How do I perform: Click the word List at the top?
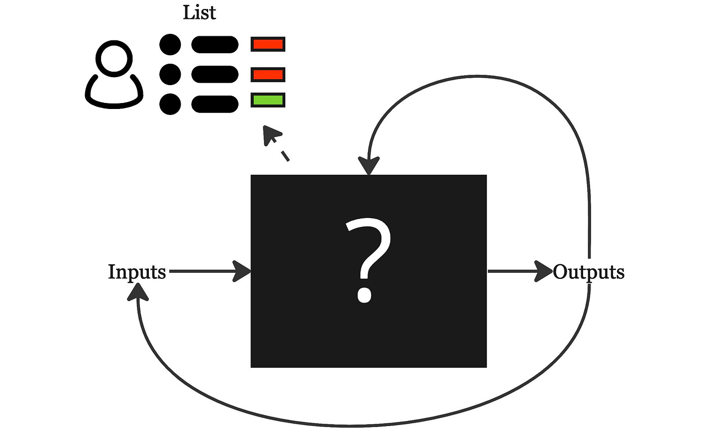199,12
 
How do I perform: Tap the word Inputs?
136,272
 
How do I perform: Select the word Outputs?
589,272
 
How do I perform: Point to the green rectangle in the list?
268,100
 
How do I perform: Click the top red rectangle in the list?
268,44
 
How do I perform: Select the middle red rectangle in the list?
268,75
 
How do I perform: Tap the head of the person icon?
115,57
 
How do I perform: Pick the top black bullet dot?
170,45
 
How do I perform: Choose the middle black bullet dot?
170,75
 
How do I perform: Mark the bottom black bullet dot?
170,104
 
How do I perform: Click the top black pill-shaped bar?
215,45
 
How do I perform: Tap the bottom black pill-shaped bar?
215,104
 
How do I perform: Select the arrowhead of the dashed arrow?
270,134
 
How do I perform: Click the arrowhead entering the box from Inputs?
243,271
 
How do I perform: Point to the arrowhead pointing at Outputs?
544,271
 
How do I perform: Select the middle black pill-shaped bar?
215,75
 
